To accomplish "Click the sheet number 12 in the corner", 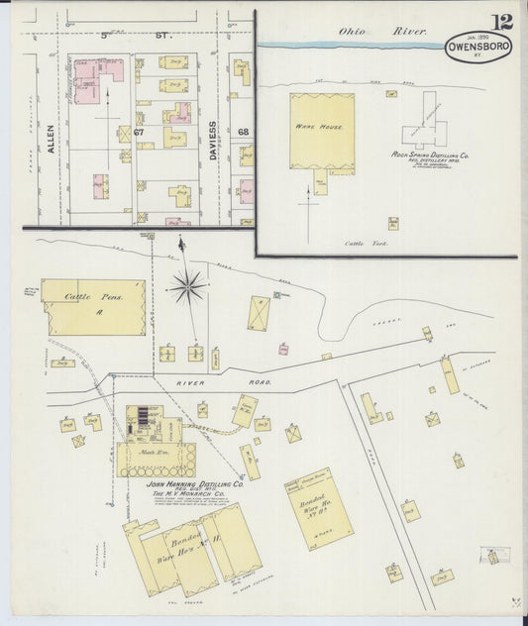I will coord(501,22).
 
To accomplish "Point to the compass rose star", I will coord(185,287).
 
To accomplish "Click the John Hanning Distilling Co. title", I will coord(195,484).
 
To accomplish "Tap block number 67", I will coord(139,132).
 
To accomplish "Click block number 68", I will coord(243,132).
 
